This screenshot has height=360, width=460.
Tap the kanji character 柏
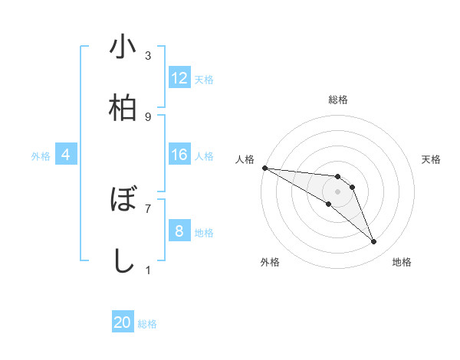coord(123,107)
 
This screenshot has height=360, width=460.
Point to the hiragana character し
coord(123,260)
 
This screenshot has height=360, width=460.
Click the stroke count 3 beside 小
coord(148,56)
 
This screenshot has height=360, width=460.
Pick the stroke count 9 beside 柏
coord(148,116)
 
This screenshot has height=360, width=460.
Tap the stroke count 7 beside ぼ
coord(148,208)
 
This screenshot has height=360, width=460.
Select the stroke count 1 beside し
coord(148,269)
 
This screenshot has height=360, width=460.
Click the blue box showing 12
coord(179,78)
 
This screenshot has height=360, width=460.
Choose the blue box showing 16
coord(179,155)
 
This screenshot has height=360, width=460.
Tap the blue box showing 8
coord(179,231)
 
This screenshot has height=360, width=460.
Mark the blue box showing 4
coord(66,155)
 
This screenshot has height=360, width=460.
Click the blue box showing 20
coord(123,322)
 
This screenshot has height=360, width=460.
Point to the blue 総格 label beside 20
coord(147,324)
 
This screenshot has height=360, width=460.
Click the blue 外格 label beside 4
coord(41,156)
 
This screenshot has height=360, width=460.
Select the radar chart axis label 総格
coord(338,100)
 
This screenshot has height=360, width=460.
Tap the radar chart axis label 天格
coord(432,159)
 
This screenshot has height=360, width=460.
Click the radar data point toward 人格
coord(264,167)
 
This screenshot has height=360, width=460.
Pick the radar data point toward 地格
coord(374,242)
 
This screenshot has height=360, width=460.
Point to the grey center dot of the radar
coord(338,191)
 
